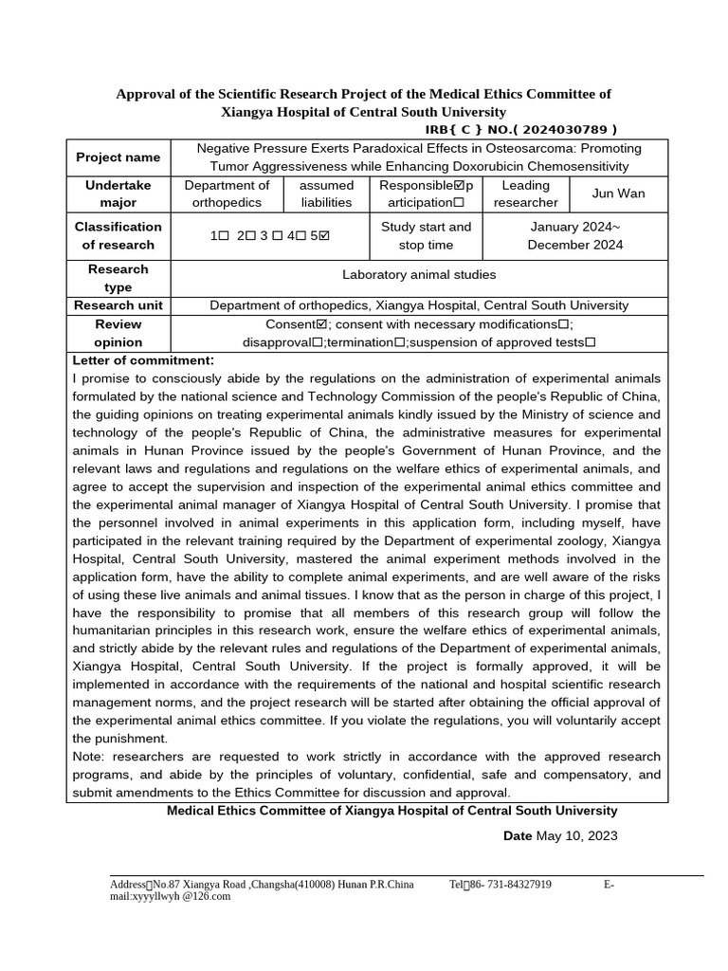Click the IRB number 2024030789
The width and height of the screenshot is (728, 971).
click(x=562, y=130)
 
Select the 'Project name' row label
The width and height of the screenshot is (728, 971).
click(x=118, y=157)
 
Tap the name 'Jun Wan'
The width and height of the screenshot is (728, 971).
click(x=618, y=193)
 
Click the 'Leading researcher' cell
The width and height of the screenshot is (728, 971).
click(x=525, y=193)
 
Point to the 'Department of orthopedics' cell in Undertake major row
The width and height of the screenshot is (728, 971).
click(x=227, y=193)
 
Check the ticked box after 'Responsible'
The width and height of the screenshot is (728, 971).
click(x=460, y=185)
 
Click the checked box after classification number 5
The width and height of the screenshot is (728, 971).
click(x=325, y=236)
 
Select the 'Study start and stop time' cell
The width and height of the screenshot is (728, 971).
click(x=426, y=236)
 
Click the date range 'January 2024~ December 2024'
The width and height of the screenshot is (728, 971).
click(x=574, y=236)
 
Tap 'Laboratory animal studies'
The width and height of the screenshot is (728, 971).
click(x=418, y=275)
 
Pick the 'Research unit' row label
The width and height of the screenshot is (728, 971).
click(x=118, y=305)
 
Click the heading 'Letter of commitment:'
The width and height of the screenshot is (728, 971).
click(x=143, y=360)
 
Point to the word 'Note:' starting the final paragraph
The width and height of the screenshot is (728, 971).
click(x=90, y=757)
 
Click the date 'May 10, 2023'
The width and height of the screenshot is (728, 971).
click(x=576, y=835)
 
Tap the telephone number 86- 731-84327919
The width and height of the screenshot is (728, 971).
click(x=506, y=885)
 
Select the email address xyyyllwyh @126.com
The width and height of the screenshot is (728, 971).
click(x=171, y=895)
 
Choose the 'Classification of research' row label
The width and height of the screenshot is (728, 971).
click(x=118, y=236)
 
